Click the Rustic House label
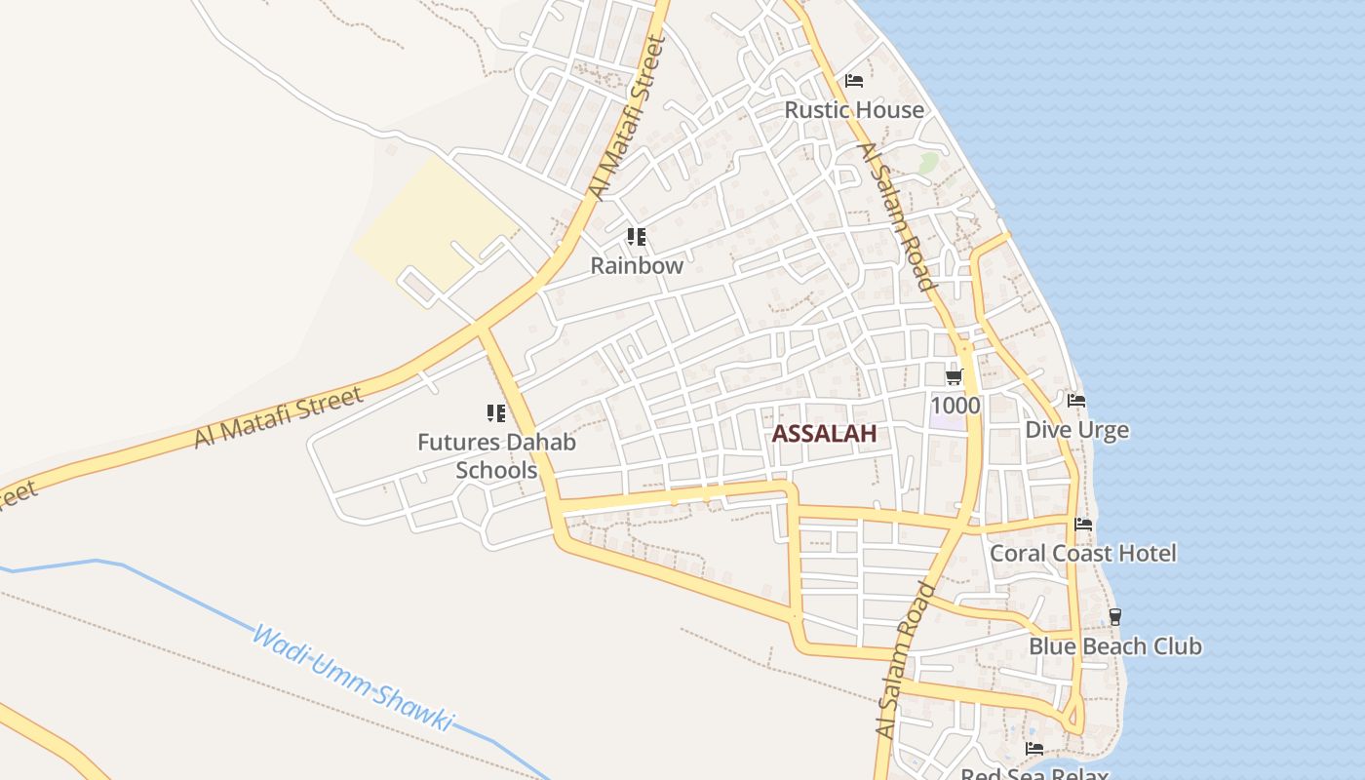tap(854, 109)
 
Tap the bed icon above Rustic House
tap(854, 80)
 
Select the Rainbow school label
tap(637, 265)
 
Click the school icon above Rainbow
tap(637, 237)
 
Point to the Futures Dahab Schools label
tap(496, 455)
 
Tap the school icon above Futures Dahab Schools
tap(496, 413)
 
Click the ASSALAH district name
tap(824, 435)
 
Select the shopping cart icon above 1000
tap(954, 377)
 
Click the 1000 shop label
tap(955, 405)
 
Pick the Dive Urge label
tap(1076, 430)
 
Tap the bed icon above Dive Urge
tap(1076, 401)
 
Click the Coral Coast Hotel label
tap(1082, 553)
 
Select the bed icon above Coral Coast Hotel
tap(1082, 525)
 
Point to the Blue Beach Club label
tap(1115, 646)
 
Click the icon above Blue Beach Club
tap(1115, 617)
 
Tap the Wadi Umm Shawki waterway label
tap(353, 679)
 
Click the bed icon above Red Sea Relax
tap(1034, 749)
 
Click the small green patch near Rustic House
tap(927, 162)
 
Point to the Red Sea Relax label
tap(1034, 773)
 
